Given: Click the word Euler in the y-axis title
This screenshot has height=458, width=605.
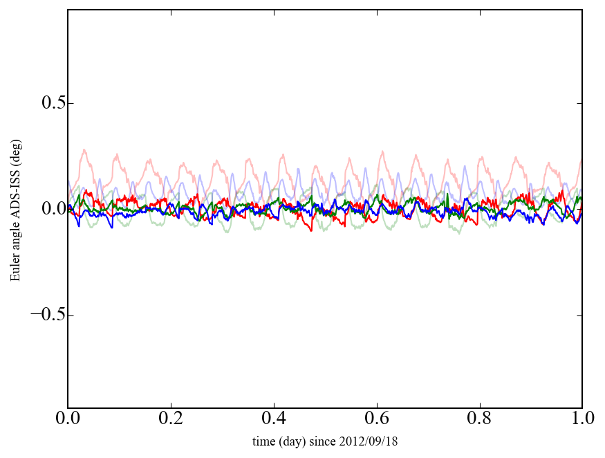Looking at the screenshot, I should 15,269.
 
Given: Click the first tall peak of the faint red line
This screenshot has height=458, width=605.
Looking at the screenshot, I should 84,149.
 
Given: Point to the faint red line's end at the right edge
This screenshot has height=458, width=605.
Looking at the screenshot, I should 581,161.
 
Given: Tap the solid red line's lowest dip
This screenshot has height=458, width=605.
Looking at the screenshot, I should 312,230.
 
